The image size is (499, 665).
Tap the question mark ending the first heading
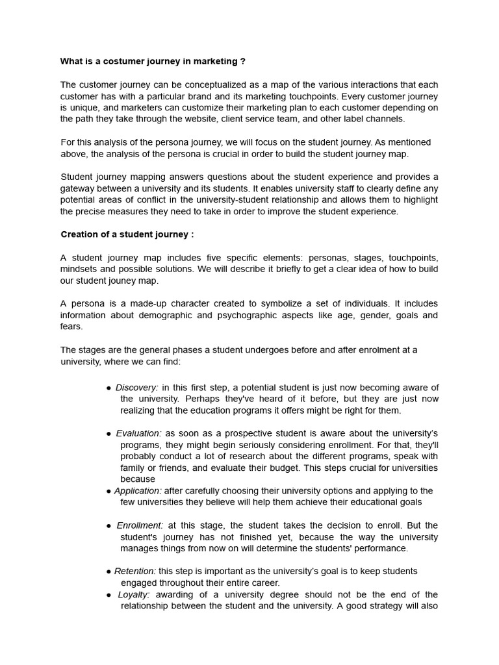click(243, 62)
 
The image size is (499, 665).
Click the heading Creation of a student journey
click(127, 234)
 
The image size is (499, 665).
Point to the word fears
click(71, 327)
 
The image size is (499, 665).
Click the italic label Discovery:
click(136, 388)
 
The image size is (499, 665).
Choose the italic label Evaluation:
click(138, 433)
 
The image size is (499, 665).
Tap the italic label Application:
click(138, 491)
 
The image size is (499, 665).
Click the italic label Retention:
click(135, 571)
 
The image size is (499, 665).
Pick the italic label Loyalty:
click(134, 595)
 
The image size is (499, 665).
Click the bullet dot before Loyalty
click(109, 595)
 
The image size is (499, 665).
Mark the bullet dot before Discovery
click(109, 388)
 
